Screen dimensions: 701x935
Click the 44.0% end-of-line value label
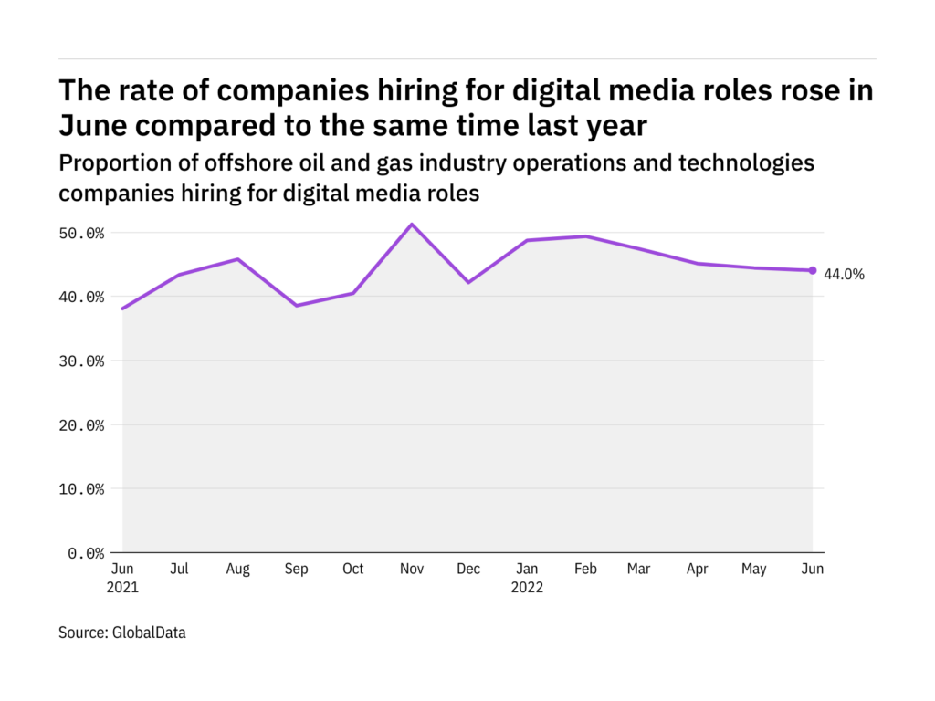pyautogui.click(x=844, y=273)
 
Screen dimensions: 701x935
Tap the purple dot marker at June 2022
pyautogui.click(x=813, y=270)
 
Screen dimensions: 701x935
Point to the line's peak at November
pyautogui.click(x=412, y=225)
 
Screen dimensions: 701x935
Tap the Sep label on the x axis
pyautogui.click(x=296, y=569)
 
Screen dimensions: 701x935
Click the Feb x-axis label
pyautogui.click(x=584, y=569)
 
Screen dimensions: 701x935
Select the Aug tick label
pyautogui.click(x=238, y=569)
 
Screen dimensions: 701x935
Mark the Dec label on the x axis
pyautogui.click(x=468, y=569)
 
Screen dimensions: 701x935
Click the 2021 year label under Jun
pyautogui.click(x=122, y=587)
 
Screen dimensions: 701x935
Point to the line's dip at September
pyautogui.click(x=296, y=305)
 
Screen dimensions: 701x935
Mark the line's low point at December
pyautogui.click(x=468, y=282)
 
